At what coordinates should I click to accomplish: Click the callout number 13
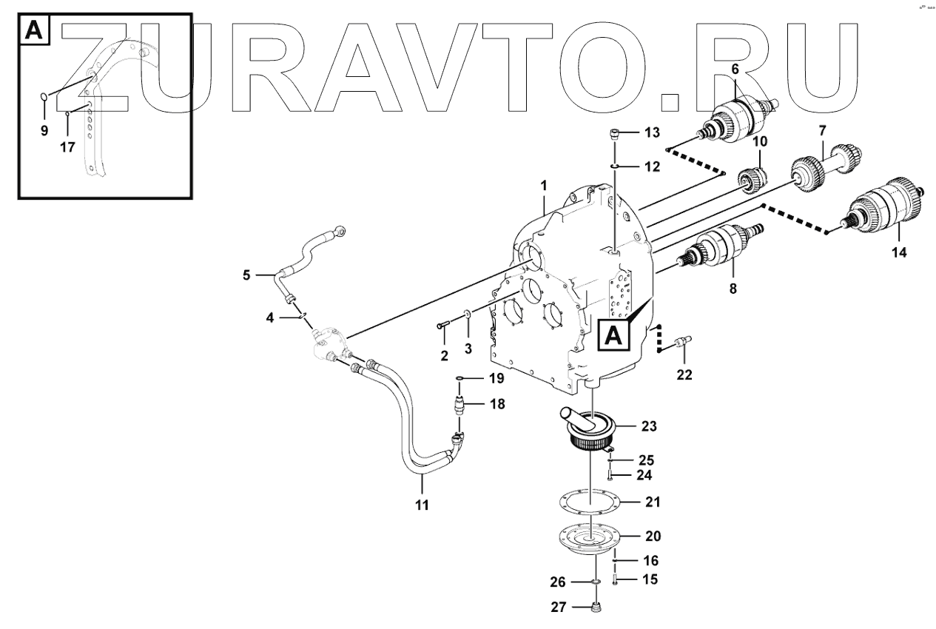(x=651, y=133)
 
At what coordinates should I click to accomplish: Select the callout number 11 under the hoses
(x=422, y=505)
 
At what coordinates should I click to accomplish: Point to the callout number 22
(x=684, y=374)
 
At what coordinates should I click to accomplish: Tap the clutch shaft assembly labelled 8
(x=719, y=247)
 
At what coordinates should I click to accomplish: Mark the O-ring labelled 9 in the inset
(x=44, y=96)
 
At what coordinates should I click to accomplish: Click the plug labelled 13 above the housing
(x=615, y=134)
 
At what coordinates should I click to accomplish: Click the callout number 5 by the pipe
(x=247, y=276)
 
